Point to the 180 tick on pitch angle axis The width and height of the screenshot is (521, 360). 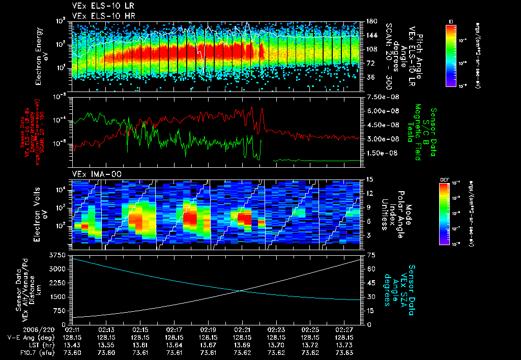pyautogui.click(x=371, y=21)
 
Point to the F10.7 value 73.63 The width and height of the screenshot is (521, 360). pyautogui.click(x=344, y=353)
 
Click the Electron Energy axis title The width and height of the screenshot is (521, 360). pyautogui.click(x=42, y=55)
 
